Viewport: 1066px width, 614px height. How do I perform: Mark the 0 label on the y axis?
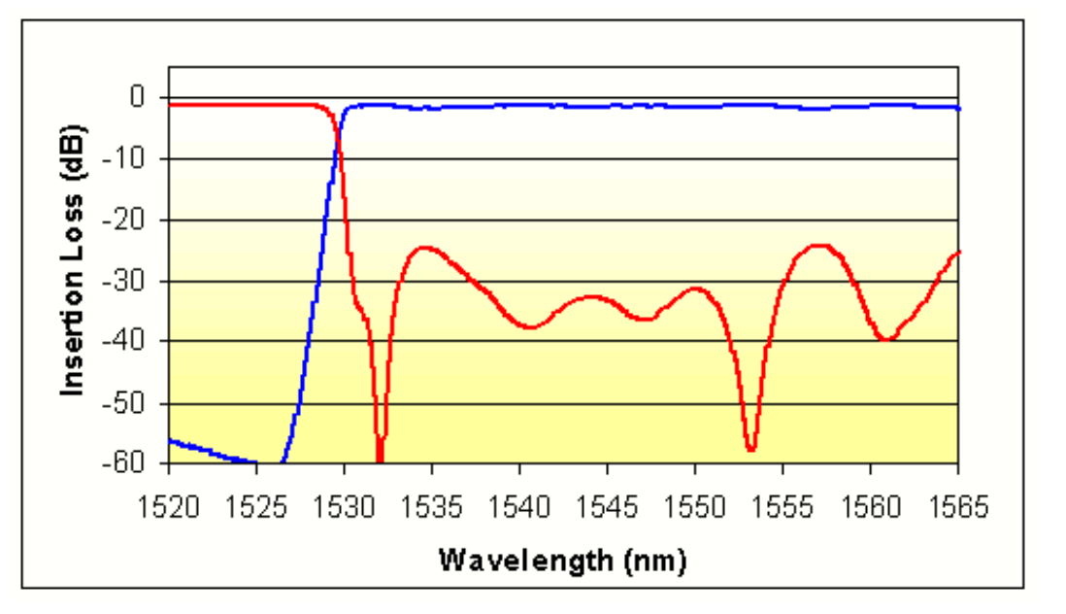[x=137, y=97]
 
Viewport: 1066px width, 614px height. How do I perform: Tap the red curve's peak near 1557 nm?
[x=821, y=246]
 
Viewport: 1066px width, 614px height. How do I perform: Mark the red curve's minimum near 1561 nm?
[x=884, y=339]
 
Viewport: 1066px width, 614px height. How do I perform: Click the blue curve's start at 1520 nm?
[x=170, y=440]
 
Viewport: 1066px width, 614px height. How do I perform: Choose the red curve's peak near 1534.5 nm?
[x=424, y=248]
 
